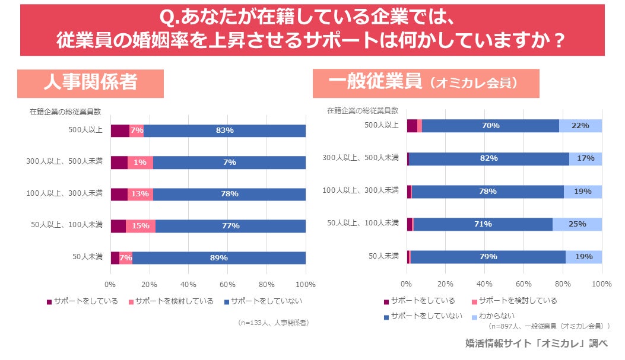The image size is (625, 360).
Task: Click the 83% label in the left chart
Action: (224, 130)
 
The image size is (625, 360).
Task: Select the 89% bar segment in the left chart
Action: (218, 257)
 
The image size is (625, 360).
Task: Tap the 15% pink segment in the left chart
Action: (141, 226)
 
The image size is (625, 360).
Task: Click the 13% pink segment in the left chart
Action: (140, 194)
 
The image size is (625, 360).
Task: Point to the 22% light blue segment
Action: (580, 126)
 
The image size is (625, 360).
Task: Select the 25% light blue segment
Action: (577, 224)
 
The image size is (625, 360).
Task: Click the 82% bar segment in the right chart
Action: (488, 158)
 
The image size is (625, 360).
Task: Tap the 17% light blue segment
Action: (585, 158)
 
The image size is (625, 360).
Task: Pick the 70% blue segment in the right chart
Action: (490, 126)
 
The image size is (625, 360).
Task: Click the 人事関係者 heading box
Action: (90, 83)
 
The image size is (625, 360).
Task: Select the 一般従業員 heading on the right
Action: (426, 82)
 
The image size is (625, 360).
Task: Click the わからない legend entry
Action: (493, 316)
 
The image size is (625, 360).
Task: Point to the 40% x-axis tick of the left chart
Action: (188, 284)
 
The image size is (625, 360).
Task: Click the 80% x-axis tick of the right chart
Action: (563, 283)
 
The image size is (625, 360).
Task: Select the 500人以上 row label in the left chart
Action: (85, 130)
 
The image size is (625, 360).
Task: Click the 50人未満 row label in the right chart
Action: (383, 256)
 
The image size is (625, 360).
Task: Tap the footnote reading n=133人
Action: (273, 323)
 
